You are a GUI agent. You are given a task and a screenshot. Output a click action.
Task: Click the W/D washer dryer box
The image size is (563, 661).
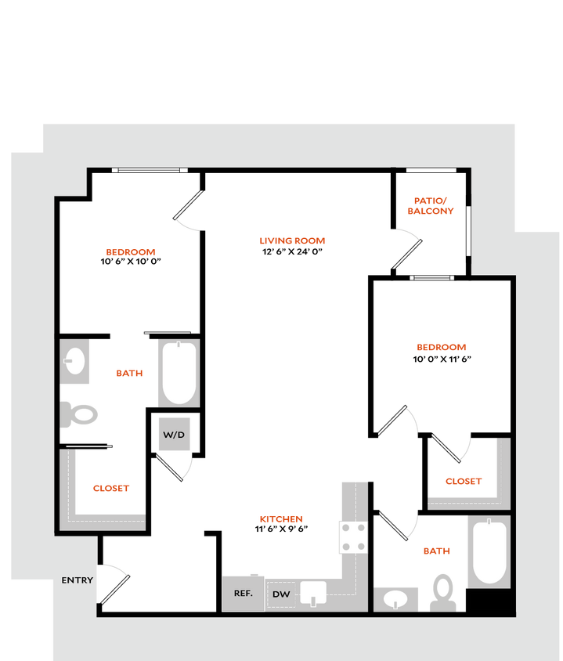click(x=174, y=434)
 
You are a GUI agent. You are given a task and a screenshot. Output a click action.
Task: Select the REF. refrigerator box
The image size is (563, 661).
click(x=243, y=593)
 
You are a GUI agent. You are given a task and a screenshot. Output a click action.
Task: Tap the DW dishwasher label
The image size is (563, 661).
click(x=280, y=595)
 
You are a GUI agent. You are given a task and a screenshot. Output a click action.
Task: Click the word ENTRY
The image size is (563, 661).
click(x=77, y=580)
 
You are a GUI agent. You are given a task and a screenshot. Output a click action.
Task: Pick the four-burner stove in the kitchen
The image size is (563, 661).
click(x=352, y=537)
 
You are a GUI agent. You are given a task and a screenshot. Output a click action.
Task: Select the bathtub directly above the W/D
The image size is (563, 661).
click(x=179, y=373)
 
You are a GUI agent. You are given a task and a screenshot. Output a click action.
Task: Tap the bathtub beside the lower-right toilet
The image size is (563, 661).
click(x=489, y=551)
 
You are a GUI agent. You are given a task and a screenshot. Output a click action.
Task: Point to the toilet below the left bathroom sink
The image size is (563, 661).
click(x=81, y=414)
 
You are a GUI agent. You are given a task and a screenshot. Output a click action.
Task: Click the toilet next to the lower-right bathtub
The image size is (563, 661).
click(x=444, y=591)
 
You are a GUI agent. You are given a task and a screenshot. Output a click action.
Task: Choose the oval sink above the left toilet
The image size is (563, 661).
click(x=75, y=361)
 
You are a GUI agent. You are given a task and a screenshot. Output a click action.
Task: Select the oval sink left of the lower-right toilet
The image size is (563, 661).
click(x=396, y=599)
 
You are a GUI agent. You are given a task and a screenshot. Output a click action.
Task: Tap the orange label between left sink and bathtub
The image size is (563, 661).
click(x=129, y=374)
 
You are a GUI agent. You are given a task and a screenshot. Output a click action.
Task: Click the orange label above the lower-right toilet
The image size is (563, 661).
click(x=436, y=551)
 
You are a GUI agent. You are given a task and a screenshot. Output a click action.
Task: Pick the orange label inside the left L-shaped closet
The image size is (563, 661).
click(x=111, y=488)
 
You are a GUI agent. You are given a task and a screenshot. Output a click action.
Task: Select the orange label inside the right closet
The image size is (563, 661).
click(x=463, y=481)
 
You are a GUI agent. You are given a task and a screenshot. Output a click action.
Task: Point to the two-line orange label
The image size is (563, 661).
click(x=430, y=205)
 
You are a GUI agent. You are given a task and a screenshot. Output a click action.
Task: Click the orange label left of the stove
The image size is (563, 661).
click(x=281, y=518)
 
